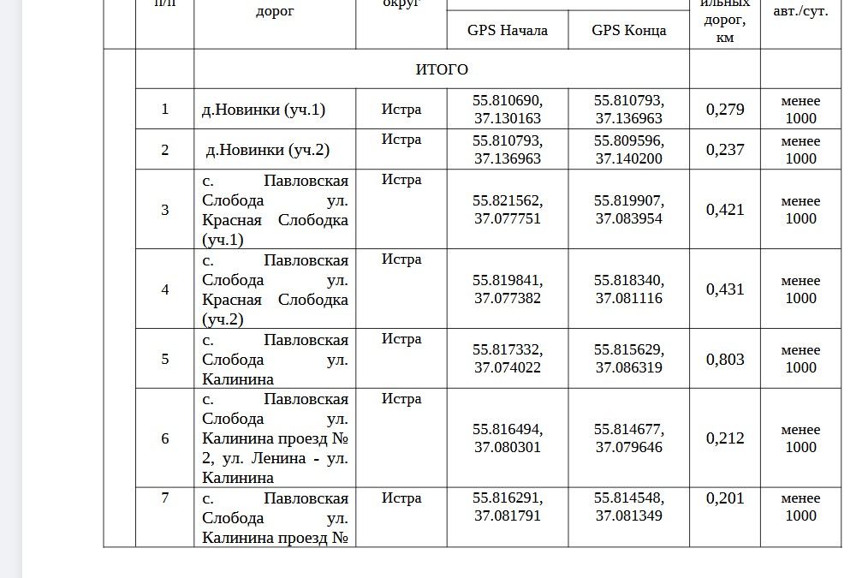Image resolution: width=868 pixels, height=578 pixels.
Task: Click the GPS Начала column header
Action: coord(507,30)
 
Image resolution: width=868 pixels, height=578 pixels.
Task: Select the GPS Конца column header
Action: coord(628,30)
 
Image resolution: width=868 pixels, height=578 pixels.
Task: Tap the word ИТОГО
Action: coord(442,69)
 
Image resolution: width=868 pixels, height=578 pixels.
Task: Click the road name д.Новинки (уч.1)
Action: coord(264,110)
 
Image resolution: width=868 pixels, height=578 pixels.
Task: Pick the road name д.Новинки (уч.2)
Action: coord(268,150)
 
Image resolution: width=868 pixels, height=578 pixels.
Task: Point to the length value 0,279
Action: coord(725,110)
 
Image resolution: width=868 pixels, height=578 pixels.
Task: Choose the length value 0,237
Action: coord(725,150)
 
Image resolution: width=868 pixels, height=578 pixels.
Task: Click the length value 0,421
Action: coord(725,210)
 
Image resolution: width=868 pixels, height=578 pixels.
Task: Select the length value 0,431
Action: coord(725,289)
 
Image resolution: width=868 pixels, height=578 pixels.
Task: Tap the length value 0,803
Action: coord(725,359)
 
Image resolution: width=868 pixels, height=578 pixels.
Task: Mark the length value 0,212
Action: coord(725,438)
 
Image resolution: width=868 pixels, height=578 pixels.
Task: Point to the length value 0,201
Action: coord(725,498)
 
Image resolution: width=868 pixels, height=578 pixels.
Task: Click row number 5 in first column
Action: coord(165,359)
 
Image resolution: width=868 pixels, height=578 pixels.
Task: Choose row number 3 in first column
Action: coord(165,210)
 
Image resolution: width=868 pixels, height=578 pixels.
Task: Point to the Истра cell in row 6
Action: coord(401,399)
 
